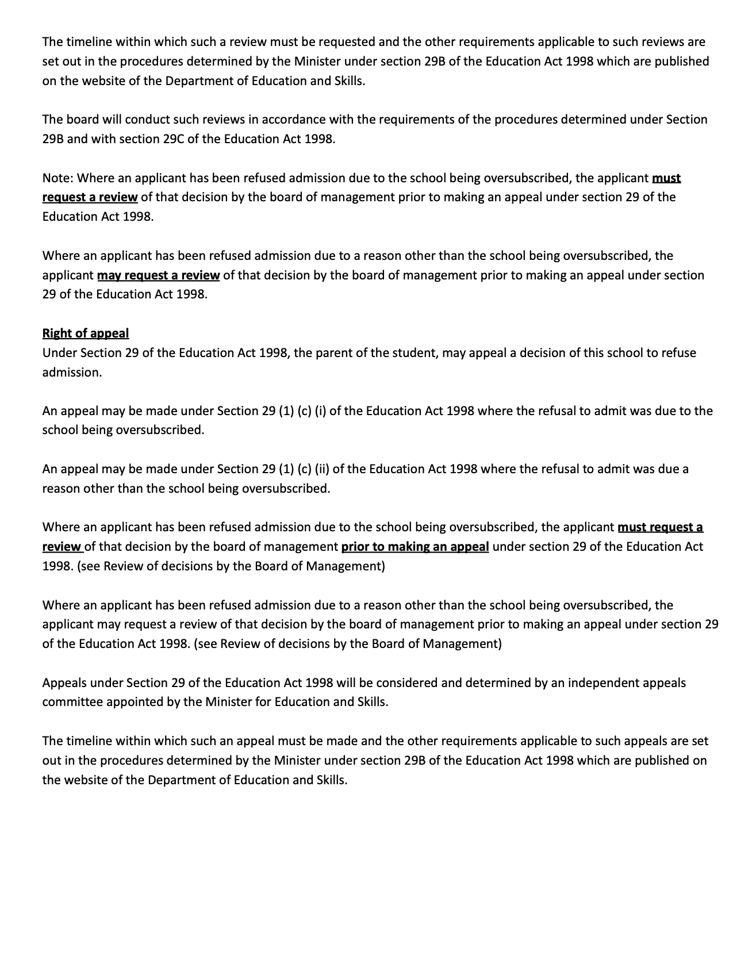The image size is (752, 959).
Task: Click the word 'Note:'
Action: [57, 178]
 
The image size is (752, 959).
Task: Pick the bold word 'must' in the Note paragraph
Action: [666, 178]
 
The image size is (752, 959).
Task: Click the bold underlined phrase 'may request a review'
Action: [158, 275]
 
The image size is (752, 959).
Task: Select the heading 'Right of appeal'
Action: [86, 333]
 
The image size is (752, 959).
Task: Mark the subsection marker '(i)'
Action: [320, 411]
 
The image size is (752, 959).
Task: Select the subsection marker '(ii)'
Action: [322, 469]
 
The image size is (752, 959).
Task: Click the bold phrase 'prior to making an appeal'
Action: [415, 547]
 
